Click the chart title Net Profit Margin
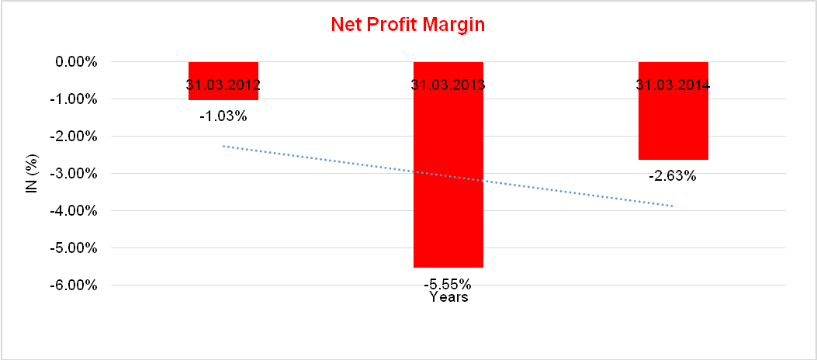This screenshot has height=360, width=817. pyautogui.click(x=407, y=24)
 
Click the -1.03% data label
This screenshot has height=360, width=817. pyautogui.click(x=223, y=116)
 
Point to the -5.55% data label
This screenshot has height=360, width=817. pyautogui.click(x=448, y=282)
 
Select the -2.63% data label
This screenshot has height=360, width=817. pyautogui.click(x=673, y=175)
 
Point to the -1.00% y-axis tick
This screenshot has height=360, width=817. pyautogui.click(x=74, y=99)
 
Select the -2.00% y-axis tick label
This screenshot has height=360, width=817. pyautogui.click(x=74, y=136)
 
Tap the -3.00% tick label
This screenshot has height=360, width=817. pyautogui.click(x=74, y=173)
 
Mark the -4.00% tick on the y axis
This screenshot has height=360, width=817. pyautogui.click(x=74, y=210)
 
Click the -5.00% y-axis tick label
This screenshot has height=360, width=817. pyautogui.click(x=74, y=247)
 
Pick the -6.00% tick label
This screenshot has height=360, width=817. pyautogui.click(x=74, y=285)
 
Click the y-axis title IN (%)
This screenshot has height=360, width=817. pyautogui.click(x=32, y=172)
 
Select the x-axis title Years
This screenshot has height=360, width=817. pyautogui.click(x=448, y=296)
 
